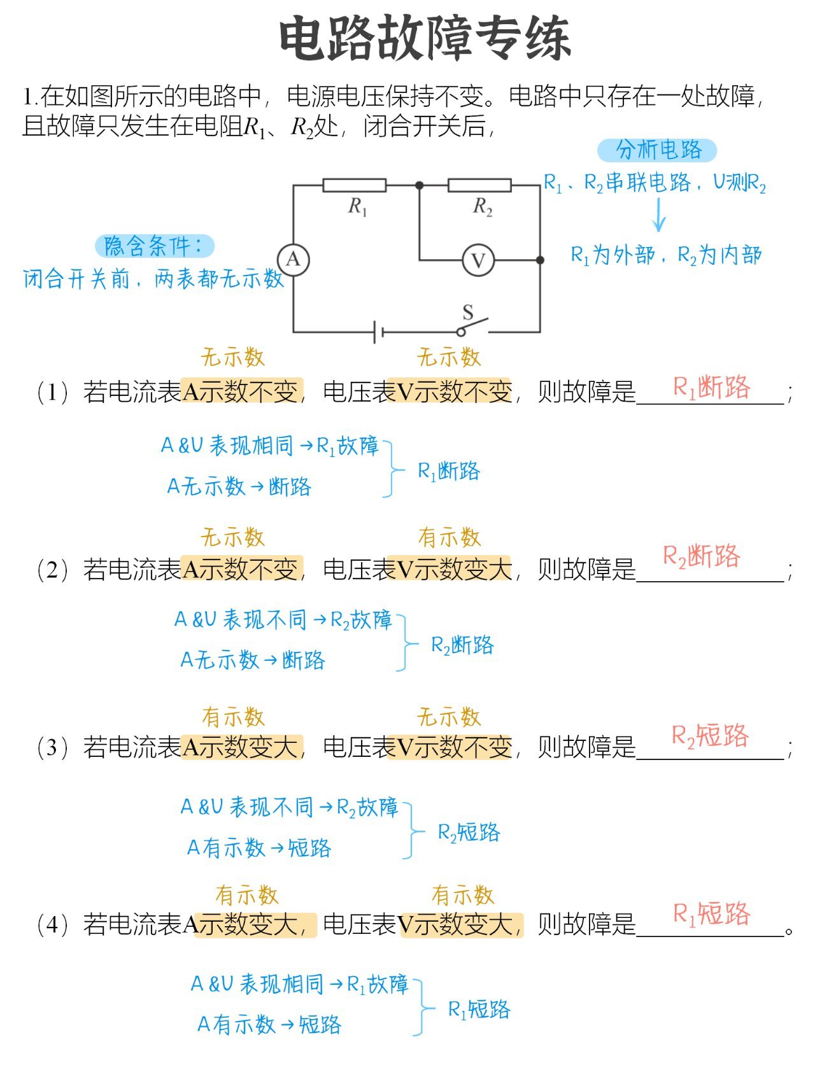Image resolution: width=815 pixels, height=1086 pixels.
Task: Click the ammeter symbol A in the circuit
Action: coord(293,260)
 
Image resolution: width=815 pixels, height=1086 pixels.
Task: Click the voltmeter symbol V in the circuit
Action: coord(478,260)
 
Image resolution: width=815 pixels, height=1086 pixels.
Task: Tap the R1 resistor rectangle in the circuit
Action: coord(354,185)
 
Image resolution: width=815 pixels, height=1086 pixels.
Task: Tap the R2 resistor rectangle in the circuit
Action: coord(479,185)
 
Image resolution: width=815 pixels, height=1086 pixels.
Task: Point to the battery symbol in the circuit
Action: coord(378,332)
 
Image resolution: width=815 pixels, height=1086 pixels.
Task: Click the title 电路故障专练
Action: coord(425,39)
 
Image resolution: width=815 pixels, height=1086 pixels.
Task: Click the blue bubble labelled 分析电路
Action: coord(657,150)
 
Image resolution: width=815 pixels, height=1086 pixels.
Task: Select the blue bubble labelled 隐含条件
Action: coord(154,246)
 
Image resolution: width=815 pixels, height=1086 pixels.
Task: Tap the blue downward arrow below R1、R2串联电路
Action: coord(659,215)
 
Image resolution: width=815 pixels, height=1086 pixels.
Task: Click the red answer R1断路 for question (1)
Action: coord(712,387)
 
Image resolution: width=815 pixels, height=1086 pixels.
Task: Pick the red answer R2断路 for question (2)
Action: coord(702,556)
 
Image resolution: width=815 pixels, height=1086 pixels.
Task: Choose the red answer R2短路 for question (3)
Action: coord(710,736)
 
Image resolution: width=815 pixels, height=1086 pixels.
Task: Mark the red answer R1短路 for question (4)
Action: coord(712,914)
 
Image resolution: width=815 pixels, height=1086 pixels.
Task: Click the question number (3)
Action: coord(52,747)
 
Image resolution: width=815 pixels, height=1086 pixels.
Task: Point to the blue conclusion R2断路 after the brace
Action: coord(462,645)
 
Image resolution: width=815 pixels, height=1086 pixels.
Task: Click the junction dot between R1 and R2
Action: coord(419,185)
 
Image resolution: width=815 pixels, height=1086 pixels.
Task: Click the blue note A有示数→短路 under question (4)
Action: coord(269,1024)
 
